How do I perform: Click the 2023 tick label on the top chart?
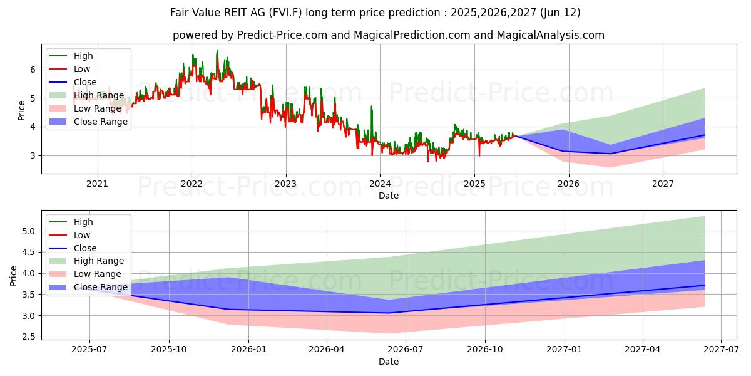286,184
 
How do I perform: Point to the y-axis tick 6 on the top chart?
33,70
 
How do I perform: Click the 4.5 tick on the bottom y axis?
28,253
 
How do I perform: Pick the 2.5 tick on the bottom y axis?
28,337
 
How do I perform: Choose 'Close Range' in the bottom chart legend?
101,288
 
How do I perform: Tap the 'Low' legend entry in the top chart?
82,69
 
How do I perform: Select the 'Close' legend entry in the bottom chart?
85,248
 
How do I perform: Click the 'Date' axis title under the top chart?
388,196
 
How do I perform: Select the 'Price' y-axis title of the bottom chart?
14,275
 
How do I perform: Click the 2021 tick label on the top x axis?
97,184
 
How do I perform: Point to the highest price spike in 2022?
217,50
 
